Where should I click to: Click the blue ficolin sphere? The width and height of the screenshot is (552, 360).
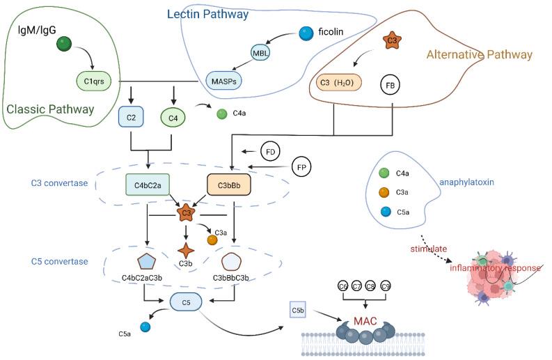coord(305,33)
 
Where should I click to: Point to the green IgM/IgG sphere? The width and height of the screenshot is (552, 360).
coord(65,44)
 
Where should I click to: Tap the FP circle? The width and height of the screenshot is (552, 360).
coord(301,166)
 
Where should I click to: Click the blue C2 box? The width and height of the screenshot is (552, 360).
coord(131,118)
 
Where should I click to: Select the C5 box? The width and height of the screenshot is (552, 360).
coord(186,302)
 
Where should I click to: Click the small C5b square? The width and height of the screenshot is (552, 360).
coord(297,306)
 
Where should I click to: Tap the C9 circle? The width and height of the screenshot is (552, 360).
coord(386,286)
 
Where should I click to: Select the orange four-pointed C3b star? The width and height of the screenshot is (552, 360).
coord(185,251)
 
